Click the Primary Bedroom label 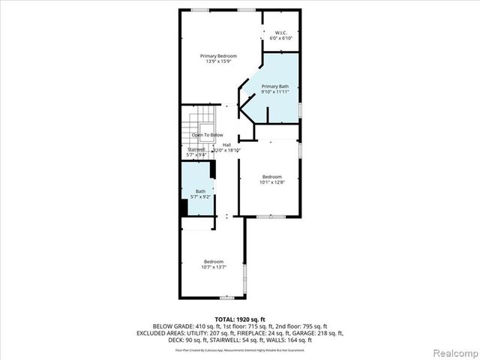coord(218,56)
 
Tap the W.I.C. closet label coord(282,32)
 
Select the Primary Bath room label coord(274,87)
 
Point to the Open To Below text coord(207,135)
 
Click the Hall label coord(226,145)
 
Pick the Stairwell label coord(196,149)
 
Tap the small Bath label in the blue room coord(201,191)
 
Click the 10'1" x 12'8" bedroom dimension coord(271,181)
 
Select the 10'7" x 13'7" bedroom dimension coord(214,267)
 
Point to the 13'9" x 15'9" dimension coord(218,61)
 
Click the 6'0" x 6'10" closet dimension coord(282,37)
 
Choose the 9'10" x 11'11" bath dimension coord(274,92)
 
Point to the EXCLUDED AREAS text coord(160,332)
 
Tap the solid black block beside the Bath coord(184,206)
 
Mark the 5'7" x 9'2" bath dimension coord(201,196)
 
